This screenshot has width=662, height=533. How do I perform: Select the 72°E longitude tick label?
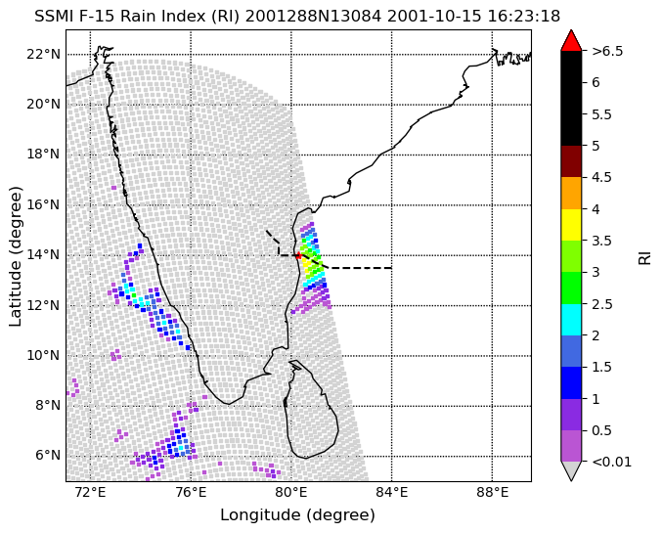[90, 493]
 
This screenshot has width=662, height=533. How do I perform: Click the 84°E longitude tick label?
[391, 493]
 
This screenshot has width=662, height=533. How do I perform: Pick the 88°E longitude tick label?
[492, 493]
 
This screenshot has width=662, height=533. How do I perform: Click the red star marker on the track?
[298, 255]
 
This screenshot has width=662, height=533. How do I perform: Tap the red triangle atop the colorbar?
[571, 41]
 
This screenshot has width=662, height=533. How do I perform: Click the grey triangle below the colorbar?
[571, 470]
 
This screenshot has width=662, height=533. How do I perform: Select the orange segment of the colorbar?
[571, 193]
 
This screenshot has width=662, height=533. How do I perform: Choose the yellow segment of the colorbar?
[571, 225]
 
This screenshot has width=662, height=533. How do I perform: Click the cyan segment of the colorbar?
[571, 320]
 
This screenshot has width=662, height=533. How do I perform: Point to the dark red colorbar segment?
[571, 161]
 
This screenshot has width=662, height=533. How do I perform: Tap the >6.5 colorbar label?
[607, 51]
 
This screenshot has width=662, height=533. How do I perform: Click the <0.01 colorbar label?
[612, 462]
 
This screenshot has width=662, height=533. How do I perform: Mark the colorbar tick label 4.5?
[601, 177]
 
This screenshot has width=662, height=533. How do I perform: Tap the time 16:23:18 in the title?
[523, 16]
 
